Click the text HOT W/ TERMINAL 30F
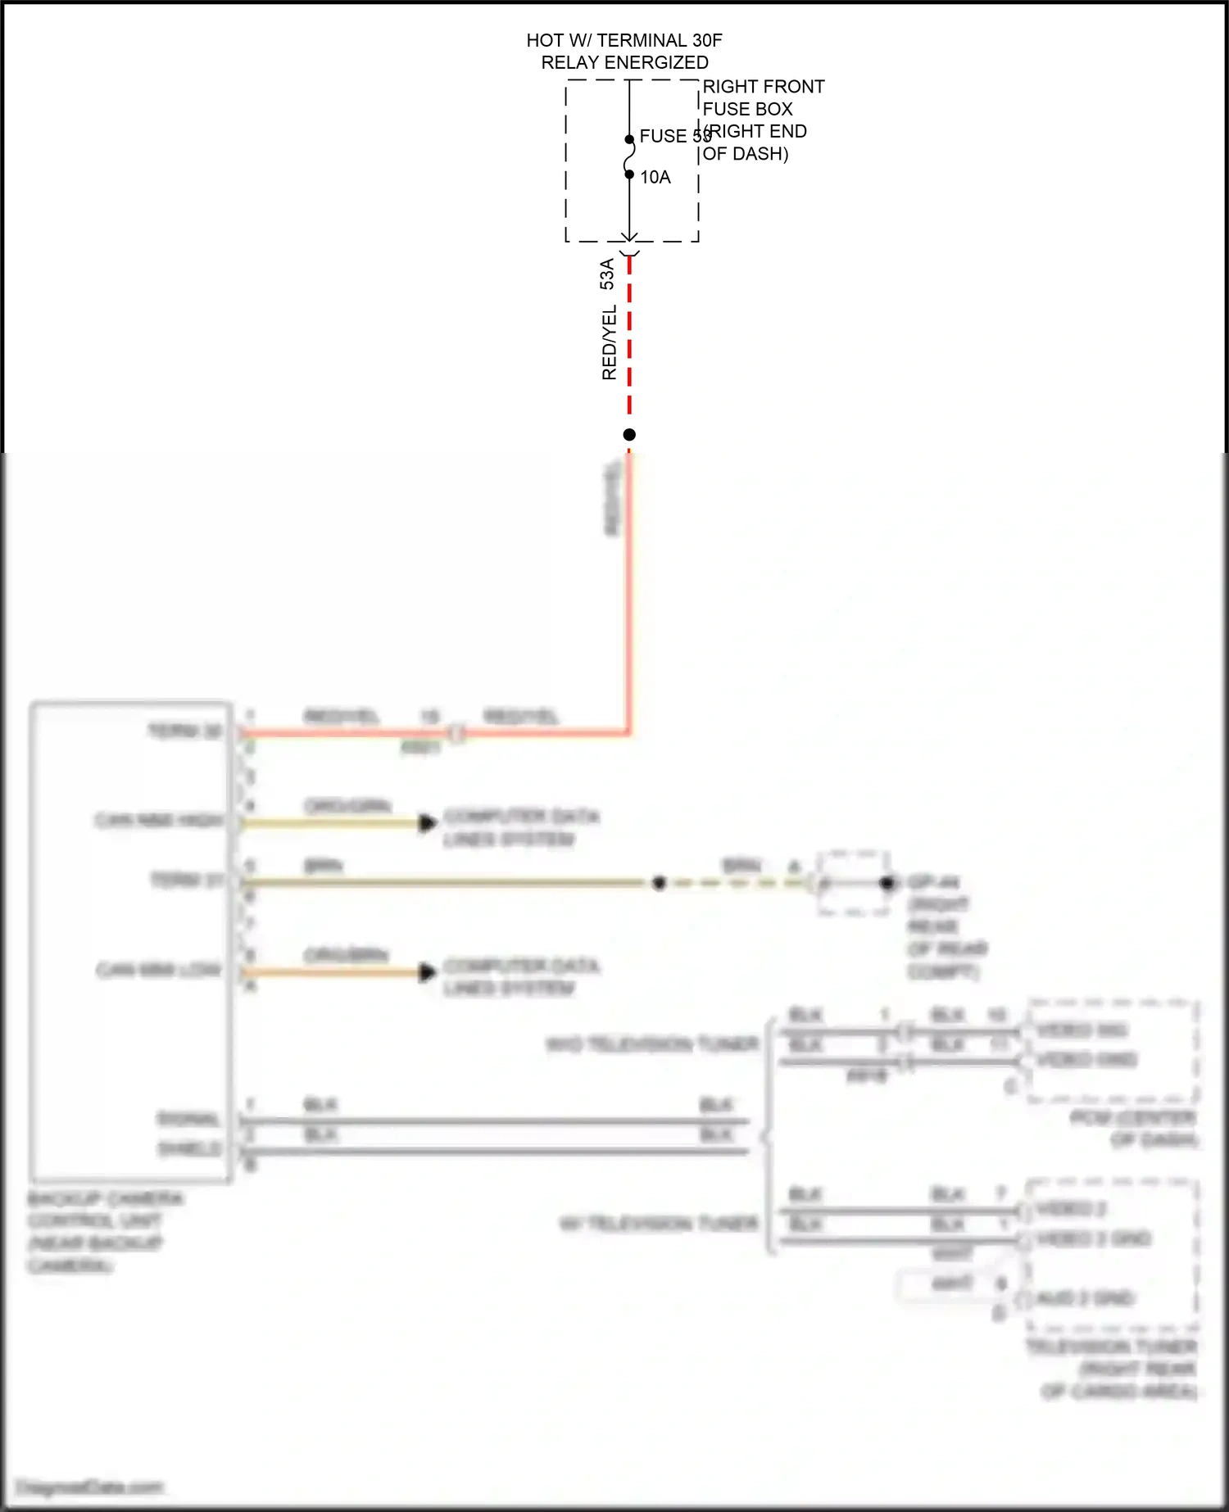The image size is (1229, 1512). point(624,40)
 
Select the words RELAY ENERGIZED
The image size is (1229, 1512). point(624,62)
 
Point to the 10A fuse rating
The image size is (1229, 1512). point(655,177)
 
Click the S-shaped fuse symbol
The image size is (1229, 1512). point(629,156)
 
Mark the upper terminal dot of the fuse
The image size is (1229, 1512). point(629,139)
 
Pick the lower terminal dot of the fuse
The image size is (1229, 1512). point(629,174)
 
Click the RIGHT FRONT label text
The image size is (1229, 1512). point(763,87)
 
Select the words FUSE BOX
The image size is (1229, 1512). point(747,109)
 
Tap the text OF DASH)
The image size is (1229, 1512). point(746,154)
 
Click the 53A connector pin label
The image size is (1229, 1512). point(607,274)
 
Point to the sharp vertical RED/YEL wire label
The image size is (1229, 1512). point(609,342)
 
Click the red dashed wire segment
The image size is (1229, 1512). point(629,344)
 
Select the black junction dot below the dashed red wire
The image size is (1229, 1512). point(629,434)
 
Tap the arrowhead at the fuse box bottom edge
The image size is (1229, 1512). point(629,238)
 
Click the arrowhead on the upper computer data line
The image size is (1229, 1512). point(427,822)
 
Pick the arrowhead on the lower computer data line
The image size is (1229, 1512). point(427,972)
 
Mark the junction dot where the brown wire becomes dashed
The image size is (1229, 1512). point(659,883)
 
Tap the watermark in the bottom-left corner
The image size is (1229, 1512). point(90,1487)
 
